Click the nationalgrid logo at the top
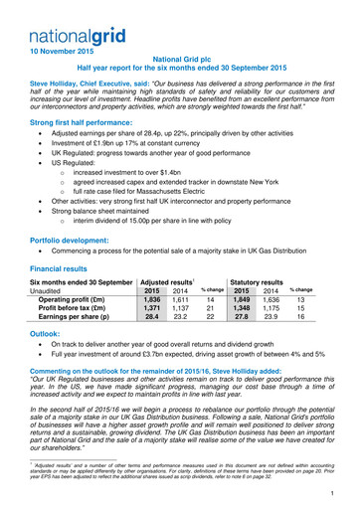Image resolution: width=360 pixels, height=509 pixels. [61, 13]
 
